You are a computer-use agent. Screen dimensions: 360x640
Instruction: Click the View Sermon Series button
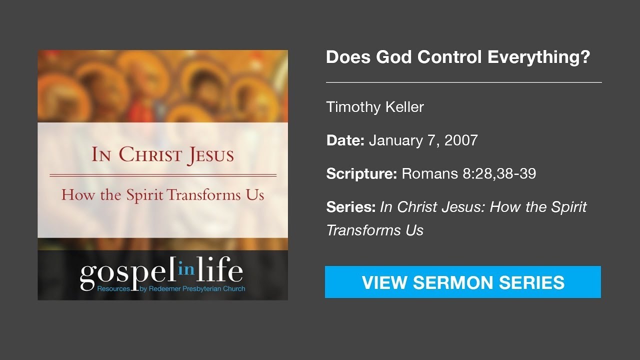tap(463, 282)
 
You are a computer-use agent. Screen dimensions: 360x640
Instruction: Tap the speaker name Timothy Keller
tap(375, 107)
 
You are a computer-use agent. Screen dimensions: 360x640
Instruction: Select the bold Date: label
tap(345, 140)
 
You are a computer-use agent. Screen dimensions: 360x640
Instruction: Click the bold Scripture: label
tap(361, 174)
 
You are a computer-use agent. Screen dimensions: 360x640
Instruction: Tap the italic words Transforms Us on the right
tap(375, 230)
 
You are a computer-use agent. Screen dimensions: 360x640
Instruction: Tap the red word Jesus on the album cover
tap(210, 155)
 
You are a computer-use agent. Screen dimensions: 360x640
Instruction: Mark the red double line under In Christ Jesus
tap(163, 175)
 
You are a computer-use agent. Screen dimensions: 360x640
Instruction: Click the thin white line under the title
tap(463, 82)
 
